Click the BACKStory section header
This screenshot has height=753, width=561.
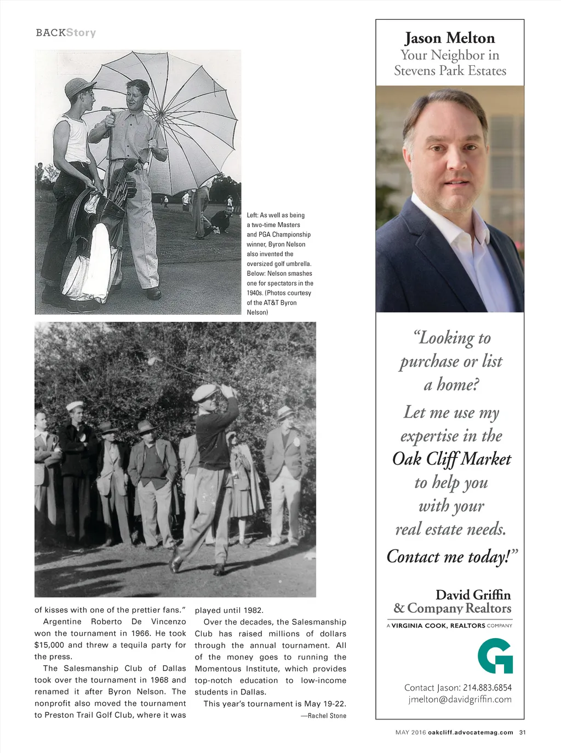tap(66, 33)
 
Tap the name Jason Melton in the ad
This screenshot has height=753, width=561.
tap(450, 38)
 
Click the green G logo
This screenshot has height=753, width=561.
tap(495, 656)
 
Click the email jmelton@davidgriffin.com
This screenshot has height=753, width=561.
tap(460, 699)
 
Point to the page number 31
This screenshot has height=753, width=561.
tap(522, 732)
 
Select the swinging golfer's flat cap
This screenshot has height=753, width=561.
tap(204, 392)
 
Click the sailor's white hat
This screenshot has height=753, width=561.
tap(75, 406)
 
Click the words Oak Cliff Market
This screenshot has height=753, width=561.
tap(451, 459)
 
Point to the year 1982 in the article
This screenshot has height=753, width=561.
tap(253, 611)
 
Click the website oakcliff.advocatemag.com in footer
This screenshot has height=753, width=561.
tap(471, 732)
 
